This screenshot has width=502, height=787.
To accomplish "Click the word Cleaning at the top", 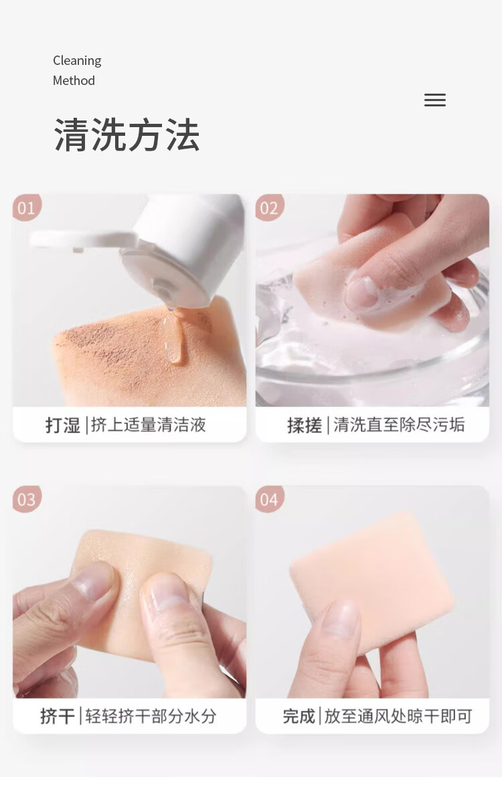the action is click(x=77, y=61).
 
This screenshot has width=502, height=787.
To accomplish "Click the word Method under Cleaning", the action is click(x=74, y=80).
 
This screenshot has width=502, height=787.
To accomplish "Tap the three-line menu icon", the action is click(x=435, y=100).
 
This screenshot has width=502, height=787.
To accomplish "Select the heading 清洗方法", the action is click(x=127, y=135).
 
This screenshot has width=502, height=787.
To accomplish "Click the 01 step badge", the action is click(x=26, y=207).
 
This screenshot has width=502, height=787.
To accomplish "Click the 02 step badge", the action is click(x=269, y=207).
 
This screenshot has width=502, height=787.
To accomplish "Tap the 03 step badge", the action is click(x=26, y=499).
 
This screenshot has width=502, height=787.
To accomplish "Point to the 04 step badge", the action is click(x=269, y=499).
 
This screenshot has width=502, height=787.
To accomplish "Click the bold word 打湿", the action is click(x=63, y=425).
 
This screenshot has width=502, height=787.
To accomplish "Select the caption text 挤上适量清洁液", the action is click(x=149, y=424).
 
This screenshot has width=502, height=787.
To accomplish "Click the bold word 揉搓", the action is click(x=304, y=425).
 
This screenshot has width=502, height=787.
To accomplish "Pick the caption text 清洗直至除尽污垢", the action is click(x=399, y=424).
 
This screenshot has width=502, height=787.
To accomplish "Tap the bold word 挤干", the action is click(x=58, y=716).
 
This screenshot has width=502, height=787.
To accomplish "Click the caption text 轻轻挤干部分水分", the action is click(x=151, y=716).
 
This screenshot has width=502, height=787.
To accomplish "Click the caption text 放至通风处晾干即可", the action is click(x=398, y=716).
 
